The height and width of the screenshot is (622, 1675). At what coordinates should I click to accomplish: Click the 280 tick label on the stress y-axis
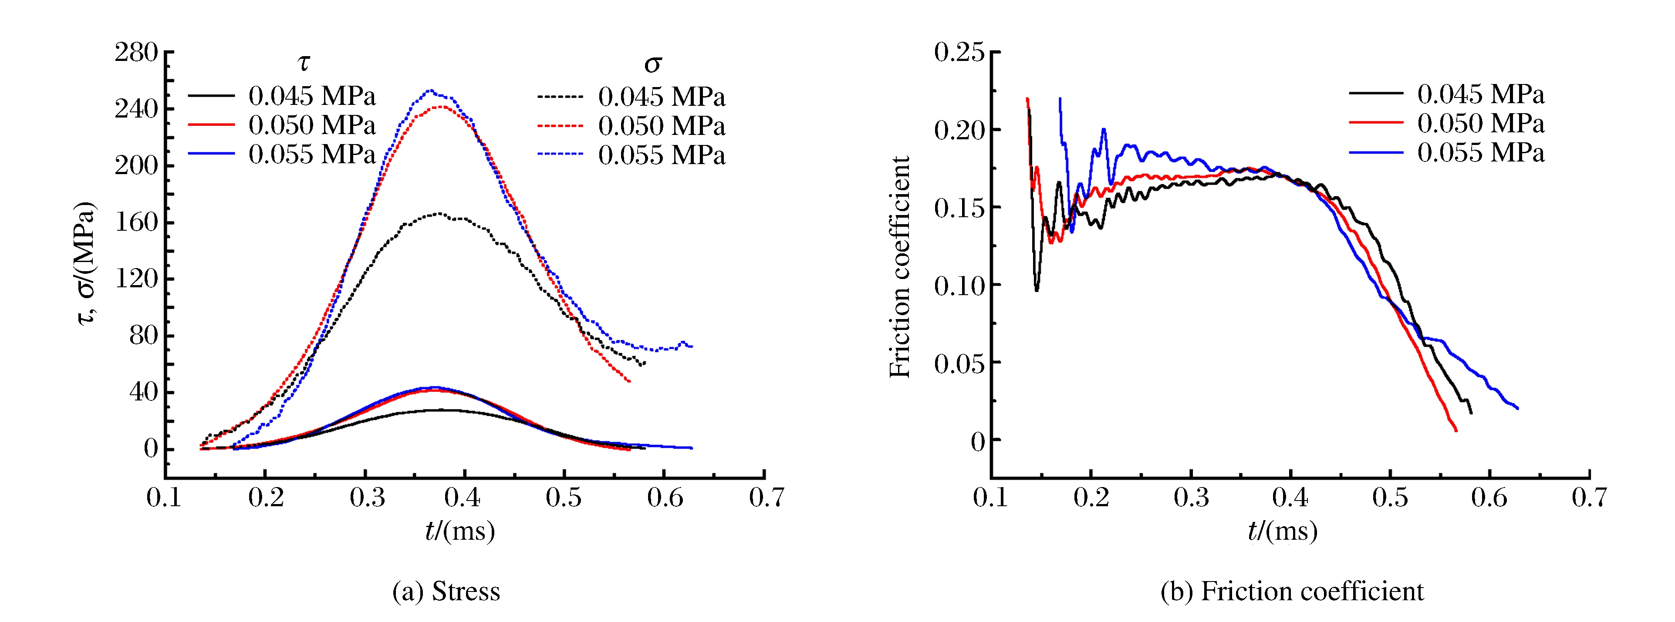click(x=137, y=53)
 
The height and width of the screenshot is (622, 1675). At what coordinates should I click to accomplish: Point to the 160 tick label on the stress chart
click(x=137, y=222)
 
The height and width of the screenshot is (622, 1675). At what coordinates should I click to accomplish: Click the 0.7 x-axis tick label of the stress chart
click(x=766, y=498)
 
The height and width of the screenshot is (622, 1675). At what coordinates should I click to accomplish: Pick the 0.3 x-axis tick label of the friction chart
click(x=1191, y=498)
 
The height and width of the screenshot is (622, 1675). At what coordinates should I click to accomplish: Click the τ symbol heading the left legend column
click(x=304, y=63)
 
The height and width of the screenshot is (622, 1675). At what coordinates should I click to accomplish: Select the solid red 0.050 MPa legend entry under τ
click(x=282, y=125)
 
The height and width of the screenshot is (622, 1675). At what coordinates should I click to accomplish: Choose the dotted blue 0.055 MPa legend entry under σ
click(x=631, y=155)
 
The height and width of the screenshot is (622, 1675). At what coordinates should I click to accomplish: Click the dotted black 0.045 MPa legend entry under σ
click(x=631, y=97)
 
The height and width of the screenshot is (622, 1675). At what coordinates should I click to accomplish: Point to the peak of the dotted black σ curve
click(x=439, y=213)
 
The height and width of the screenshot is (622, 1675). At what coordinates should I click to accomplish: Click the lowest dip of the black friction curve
click(x=1037, y=290)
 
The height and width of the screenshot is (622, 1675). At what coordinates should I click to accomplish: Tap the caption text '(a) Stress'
click(x=446, y=592)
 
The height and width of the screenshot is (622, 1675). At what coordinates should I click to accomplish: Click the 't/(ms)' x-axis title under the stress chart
click(x=460, y=531)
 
